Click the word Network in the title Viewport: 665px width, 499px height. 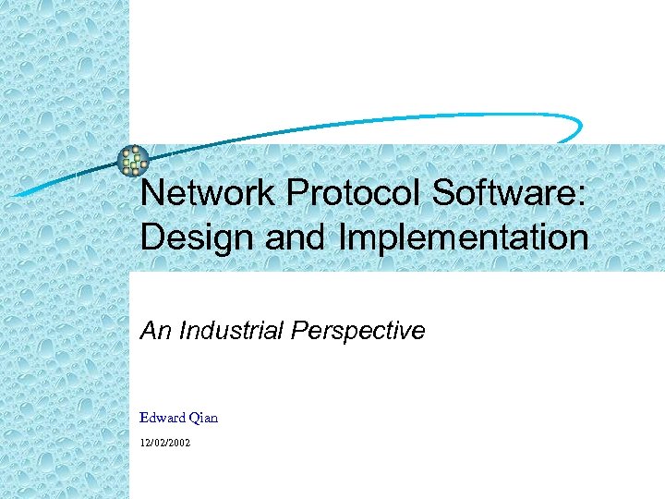coord(208,193)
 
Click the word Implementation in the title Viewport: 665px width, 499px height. coord(464,237)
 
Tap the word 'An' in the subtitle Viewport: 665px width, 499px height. coord(153,330)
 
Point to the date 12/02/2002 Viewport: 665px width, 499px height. coord(165,444)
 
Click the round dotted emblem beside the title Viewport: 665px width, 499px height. coord(134,161)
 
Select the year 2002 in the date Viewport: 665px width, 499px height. coord(179,444)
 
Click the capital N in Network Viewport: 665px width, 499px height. coord(151,193)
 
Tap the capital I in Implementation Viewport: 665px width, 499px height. coord(344,237)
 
